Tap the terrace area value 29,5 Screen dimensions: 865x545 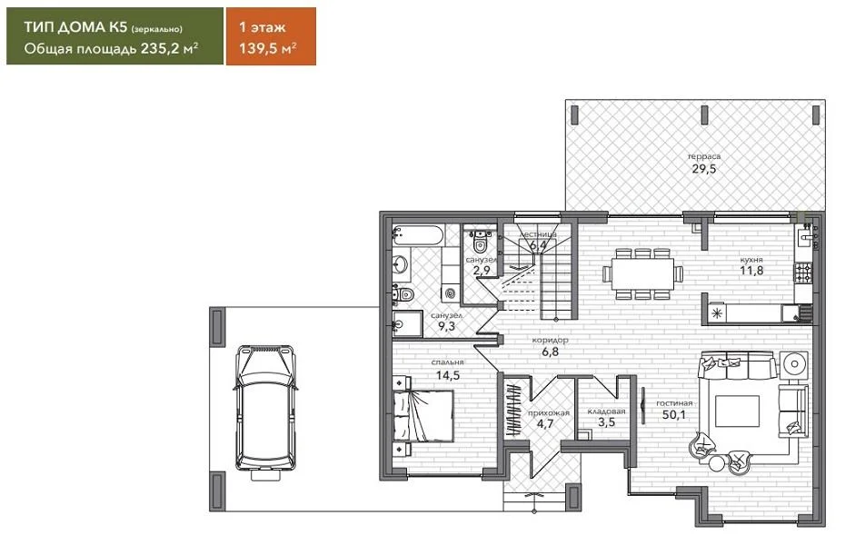tap(704, 169)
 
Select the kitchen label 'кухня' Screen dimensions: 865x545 tap(751, 259)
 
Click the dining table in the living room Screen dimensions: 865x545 tap(642, 273)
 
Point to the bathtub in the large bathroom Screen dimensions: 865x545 tap(418, 235)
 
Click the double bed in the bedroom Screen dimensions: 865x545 tap(423, 416)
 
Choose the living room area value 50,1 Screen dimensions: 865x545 tap(673, 415)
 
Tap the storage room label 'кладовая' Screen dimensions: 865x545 tap(606, 411)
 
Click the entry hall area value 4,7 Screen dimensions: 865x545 tap(544, 424)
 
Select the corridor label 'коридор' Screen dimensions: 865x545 tap(550, 341)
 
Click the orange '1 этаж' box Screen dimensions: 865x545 tap(271, 35)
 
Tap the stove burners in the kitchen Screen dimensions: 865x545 tap(802, 272)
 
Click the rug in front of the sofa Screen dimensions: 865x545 tap(737, 411)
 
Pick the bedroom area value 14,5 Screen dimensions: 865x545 tap(447, 376)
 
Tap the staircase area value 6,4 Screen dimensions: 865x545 tap(538, 244)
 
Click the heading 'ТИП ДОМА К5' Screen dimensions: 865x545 tap(75, 27)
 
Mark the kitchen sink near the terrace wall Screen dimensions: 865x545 tap(806, 236)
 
